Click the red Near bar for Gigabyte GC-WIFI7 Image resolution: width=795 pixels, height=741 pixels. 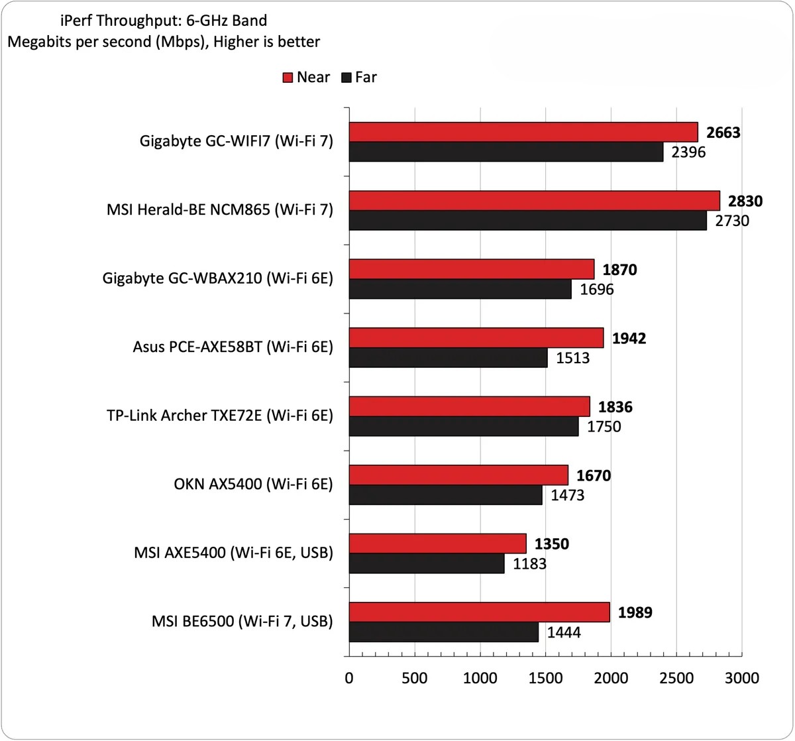523,132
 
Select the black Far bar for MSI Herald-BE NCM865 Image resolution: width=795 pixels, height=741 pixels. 527,221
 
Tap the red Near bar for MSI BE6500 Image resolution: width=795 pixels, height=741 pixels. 479,612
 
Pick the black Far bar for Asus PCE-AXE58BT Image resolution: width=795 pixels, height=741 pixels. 448,358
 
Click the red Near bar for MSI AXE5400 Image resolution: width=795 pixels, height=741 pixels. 437,544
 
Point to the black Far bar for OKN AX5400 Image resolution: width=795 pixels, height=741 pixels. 445,494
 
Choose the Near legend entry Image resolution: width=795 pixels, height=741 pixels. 305,78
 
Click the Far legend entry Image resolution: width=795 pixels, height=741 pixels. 358,78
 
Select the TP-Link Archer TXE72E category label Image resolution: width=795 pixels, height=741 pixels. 219,416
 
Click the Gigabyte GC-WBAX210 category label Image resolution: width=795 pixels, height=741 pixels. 217,279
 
